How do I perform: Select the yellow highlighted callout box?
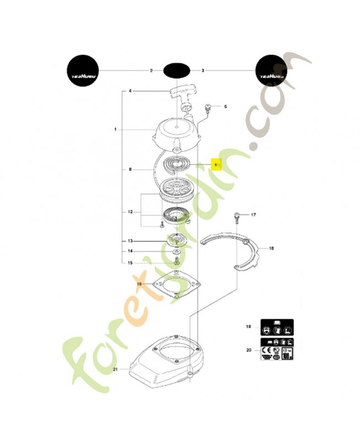pos(216,165)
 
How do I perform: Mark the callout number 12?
pos(130,212)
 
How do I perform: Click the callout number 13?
pos(130,241)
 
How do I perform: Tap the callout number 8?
pos(130,170)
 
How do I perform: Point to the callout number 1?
pos(115,129)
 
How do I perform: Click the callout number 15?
pos(130,262)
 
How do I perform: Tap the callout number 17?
pos(254,214)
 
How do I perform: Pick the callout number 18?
pos(271,249)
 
